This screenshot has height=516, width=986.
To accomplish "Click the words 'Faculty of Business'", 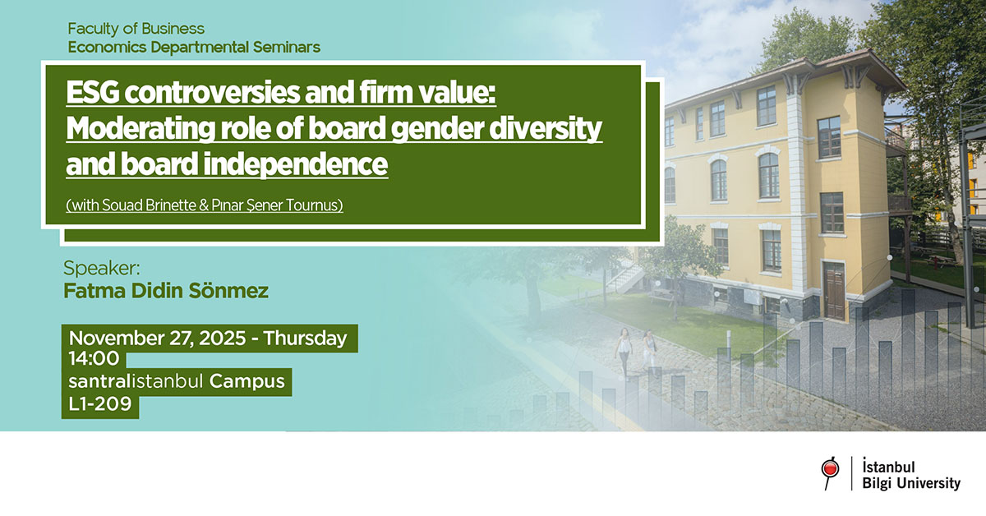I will tap(136, 30).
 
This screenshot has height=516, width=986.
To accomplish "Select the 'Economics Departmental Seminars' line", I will tap(194, 47).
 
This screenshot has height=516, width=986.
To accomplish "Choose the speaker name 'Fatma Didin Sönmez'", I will tap(166, 291).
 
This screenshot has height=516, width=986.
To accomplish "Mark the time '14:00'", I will tap(94, 359).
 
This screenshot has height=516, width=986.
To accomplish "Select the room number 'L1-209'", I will tap(100, 403).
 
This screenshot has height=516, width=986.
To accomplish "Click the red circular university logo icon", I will tap(830, 470).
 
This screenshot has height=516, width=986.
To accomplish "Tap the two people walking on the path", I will tap(636, 351).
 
